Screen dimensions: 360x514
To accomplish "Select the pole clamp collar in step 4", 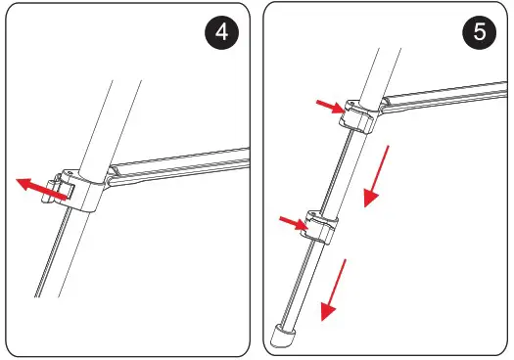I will [x=86, y=190].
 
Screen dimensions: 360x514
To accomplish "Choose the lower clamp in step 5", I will [x=321, y=227].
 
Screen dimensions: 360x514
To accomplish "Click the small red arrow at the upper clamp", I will [x=329, y=106].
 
